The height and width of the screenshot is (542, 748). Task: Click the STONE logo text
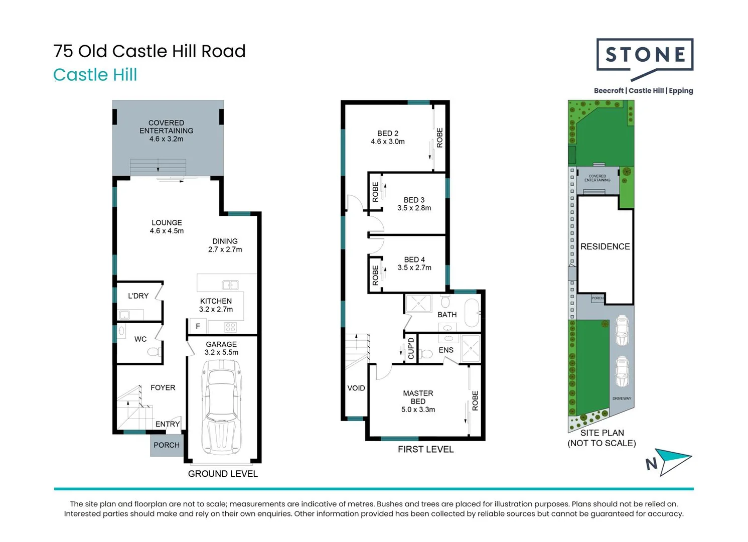coord(645,54)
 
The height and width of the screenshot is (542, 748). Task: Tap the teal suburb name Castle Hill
coord(95,74)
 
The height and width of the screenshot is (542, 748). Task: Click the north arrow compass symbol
coord(669,462)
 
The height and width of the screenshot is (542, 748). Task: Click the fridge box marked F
coord(198,326)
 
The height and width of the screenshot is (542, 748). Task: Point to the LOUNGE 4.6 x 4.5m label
coord(167,227)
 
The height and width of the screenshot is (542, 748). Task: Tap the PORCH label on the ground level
coord(167,445)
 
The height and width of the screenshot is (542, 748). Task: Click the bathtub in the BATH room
coord(472,313)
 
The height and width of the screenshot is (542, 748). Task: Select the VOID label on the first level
coord(356,388)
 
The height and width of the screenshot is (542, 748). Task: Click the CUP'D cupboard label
coord(411,348)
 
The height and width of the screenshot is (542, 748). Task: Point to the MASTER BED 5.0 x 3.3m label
coord(418,401)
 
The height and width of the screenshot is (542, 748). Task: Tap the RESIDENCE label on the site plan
coord(605,246)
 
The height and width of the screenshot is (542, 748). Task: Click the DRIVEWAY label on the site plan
coord(622,398)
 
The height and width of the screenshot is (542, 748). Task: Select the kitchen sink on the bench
coord(230,285)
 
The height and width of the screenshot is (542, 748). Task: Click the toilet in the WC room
coord(154,352)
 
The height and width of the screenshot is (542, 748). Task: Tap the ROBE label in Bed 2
coord(440,138)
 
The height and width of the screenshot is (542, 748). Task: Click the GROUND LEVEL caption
coord(223,474)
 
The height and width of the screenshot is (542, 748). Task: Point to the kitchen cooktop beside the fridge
coord(230,327)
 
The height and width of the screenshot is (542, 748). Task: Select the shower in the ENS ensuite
coord(471,348)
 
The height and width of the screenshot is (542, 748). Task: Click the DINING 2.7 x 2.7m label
coord(225,245)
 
